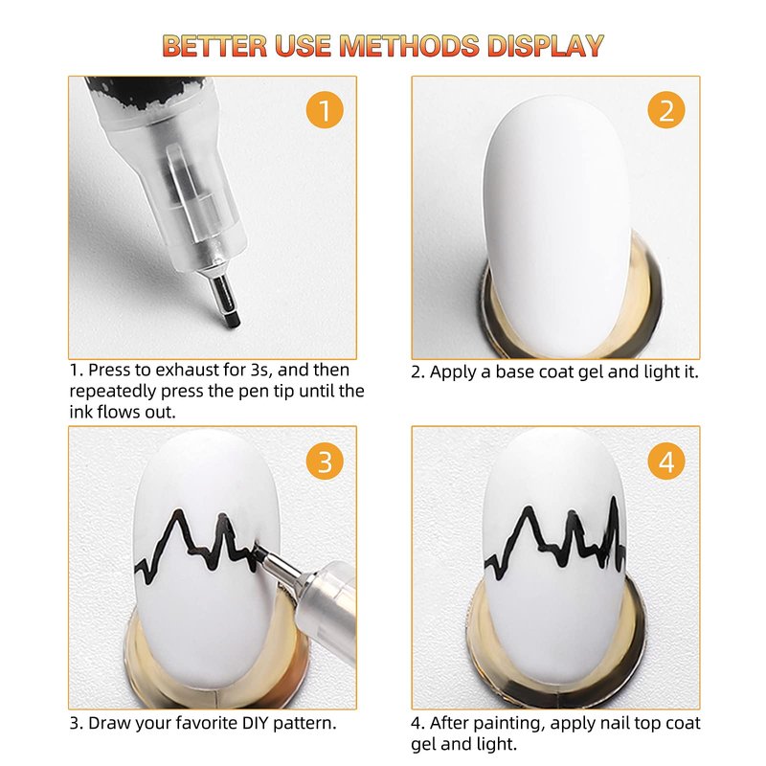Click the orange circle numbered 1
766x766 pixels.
325,110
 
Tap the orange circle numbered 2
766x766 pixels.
666,110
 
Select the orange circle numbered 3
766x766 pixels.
325,462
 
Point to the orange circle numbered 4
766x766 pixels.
666,462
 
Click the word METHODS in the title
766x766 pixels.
410,45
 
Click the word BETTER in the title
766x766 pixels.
214,45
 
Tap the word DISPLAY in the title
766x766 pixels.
545,45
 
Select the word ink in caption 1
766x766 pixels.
80,412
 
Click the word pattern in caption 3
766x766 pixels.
304,724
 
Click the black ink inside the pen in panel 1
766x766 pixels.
141,92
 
